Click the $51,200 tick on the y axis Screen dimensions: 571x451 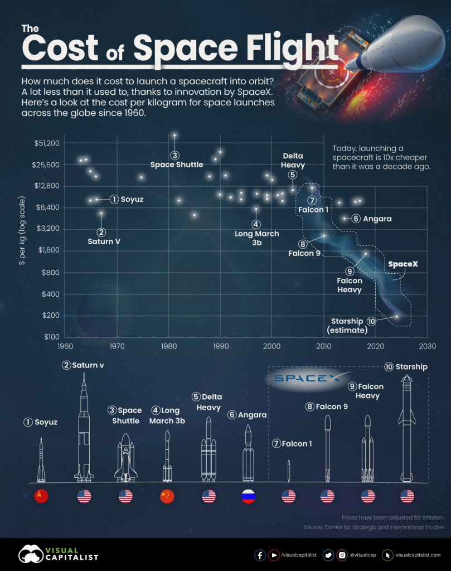(46, 143)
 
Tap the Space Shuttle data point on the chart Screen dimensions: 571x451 (174, 136)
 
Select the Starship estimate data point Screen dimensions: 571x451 (396, 317)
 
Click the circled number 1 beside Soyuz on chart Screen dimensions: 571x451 (114, 199)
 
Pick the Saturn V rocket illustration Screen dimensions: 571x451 (84, 429)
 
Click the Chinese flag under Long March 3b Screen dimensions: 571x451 (167, 496)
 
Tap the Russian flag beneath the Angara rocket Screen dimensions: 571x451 (248, 496)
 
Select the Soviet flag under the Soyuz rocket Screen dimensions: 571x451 (41, 496)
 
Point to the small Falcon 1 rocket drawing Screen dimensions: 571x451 (288, 471)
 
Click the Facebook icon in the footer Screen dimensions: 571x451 (260, 555)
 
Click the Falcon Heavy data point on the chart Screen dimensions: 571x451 (366, 254)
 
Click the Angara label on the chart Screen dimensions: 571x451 (377, 219)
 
